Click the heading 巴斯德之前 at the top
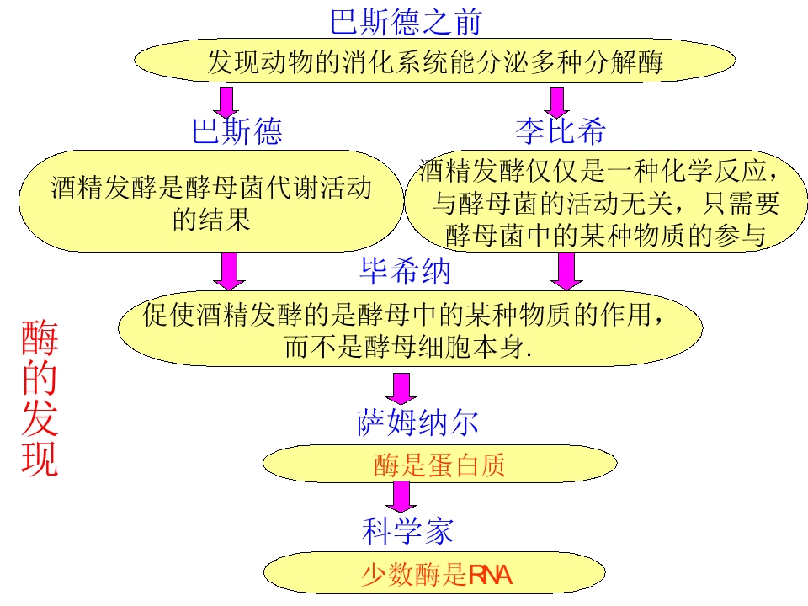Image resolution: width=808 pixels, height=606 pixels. coord(405,22)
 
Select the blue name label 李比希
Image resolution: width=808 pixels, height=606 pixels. coord(560,131)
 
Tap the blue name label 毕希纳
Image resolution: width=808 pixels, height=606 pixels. coord(406,271)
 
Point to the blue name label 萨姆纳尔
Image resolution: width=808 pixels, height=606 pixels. coord(418,423)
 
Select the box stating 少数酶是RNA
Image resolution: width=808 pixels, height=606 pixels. coord(436,576)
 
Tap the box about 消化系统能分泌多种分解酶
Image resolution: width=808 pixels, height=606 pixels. coord(435,62)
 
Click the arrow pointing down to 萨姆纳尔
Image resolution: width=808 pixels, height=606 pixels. coord(401,388)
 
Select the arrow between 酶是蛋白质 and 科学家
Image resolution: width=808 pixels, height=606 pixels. coord(401,497)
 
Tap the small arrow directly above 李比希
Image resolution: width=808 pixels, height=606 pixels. coord(555,101)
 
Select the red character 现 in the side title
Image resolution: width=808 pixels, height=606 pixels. coord(40,460)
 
